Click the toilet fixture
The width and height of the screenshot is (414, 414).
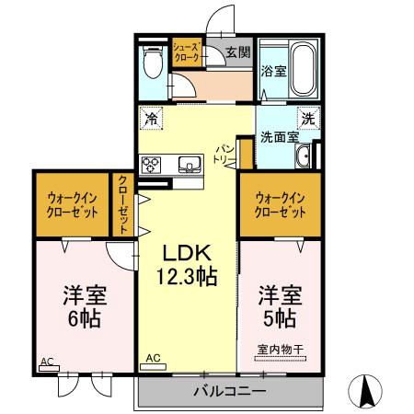click(153, 62)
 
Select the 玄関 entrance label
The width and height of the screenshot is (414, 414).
click(213, 52)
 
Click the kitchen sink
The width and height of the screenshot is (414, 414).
click(190, 164)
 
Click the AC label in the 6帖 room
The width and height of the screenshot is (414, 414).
click(47, 362)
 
